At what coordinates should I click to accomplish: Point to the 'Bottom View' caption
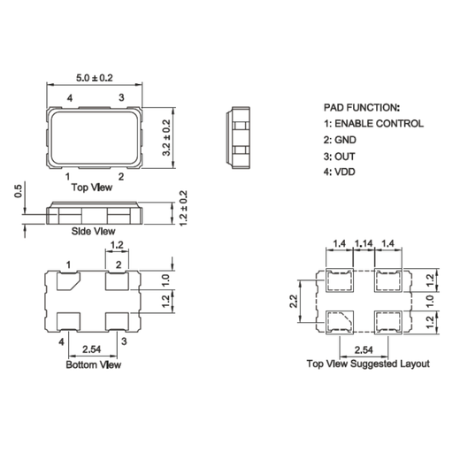94,364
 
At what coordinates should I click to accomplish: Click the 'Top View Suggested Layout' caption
367,364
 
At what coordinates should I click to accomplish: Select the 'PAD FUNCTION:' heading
361,106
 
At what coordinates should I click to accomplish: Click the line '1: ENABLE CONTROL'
372,124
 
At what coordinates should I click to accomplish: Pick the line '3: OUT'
339,156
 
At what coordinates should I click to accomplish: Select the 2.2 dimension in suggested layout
294,301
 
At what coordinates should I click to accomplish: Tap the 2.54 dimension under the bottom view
92,349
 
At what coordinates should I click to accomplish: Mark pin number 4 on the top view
69,96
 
